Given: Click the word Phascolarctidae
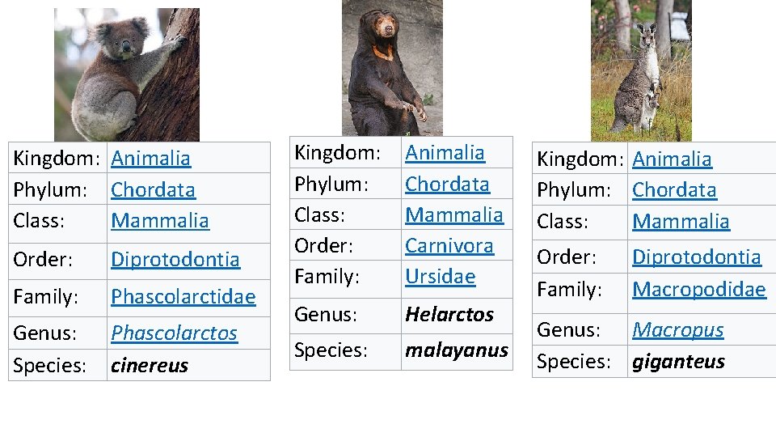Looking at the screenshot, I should (183, 297).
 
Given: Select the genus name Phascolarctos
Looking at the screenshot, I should (174, 333).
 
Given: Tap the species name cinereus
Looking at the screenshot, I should (150, 366).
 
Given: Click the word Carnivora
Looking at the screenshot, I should (449, 245).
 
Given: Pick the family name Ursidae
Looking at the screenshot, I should (440, 276).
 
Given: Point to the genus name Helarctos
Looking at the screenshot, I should (449, 314).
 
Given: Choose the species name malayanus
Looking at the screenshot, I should (457, 350).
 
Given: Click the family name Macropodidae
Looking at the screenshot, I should (698, 290).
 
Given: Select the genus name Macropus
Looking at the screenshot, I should (677, 330).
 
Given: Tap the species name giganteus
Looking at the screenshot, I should (678, 362).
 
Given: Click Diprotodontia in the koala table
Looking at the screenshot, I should (175, 259).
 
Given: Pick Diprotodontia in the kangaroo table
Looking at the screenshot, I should (696, 257).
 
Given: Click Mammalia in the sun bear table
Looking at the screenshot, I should (453, 215).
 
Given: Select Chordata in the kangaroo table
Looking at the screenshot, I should (674, 190).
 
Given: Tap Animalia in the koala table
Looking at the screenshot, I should (151, 159).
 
